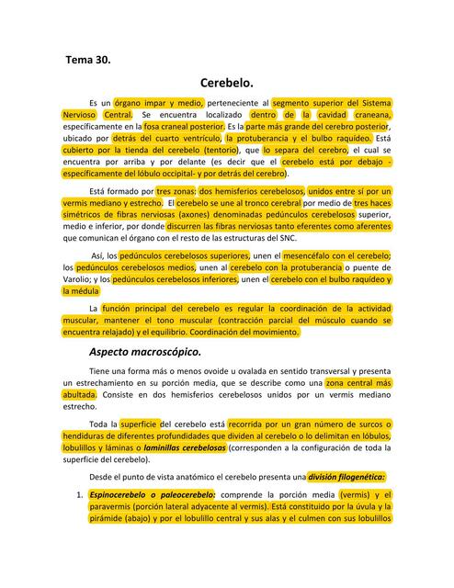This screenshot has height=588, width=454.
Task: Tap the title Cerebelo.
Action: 226,83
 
